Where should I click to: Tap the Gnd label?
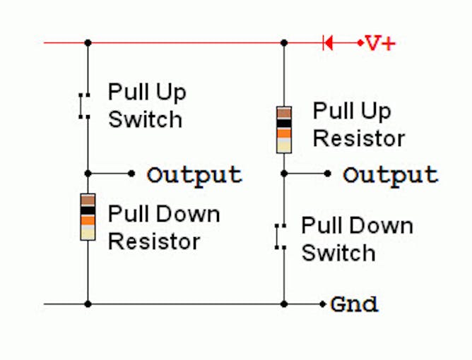(x=354, y=305)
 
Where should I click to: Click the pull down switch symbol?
(x=281, y=236)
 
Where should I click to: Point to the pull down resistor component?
(x=88, y=216)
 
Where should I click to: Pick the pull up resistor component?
(x=284, y=129)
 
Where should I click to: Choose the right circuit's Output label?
(x=390, y=174)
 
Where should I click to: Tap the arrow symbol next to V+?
(x=327, y=43)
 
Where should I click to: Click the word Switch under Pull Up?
(x=145, y=119)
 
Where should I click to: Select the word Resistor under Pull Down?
(x=154, y=241)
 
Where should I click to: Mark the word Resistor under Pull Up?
(x=359, y=138)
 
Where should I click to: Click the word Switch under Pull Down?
(x=338, y=253)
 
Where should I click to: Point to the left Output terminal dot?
(x=131, y=173)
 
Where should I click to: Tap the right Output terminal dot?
(x=328, y=173)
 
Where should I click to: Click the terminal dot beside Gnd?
(x=324, y=304)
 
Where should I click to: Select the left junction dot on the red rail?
(x=88, y=43)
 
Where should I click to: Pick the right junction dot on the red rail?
(x=284, y=43)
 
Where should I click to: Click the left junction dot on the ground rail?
(x=88, y=304)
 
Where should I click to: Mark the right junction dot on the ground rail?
(x=284, y=304)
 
